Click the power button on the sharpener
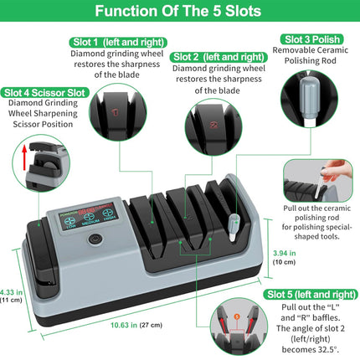pos(95,238)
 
